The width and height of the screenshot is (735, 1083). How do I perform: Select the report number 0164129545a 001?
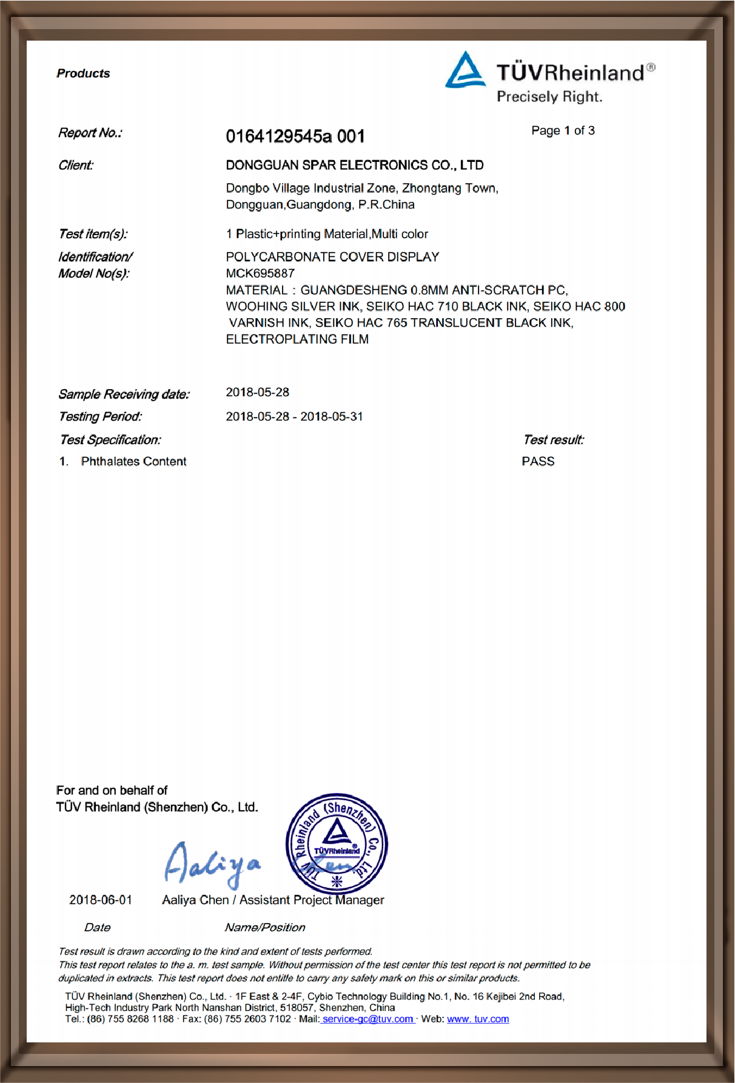(x=295, y=136)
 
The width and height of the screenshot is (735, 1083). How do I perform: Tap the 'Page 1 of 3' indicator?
(x=563, y=131)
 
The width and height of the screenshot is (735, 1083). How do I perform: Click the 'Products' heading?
(x=84, y=73)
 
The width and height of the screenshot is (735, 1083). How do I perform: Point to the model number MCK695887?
(x=260, y=273)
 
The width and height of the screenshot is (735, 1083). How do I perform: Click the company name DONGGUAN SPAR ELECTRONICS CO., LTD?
(x=355, y=165)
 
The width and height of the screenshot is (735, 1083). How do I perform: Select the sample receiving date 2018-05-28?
(x=258, y=393)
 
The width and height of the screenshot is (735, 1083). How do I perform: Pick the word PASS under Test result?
(x=538, y=461)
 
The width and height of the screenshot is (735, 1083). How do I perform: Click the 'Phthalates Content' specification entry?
(x=133, y=461)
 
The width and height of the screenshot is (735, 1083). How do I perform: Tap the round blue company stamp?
(x=337, y=843)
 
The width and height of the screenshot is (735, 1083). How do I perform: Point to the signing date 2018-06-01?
(x=101, y=900)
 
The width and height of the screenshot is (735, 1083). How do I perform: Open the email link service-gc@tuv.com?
(x=367, y=1019)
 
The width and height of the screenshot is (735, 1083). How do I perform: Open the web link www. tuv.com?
(x=478, y=1019)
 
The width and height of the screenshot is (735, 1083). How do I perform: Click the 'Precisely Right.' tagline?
(x=549, y=97)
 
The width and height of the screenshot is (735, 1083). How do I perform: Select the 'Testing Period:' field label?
(x=101, y=416)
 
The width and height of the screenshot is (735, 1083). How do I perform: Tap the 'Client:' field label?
(x=76, y=165)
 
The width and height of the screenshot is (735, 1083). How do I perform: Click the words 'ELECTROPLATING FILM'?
(x=297, y=339)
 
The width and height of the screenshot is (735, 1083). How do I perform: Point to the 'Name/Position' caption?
(x=265, y=927)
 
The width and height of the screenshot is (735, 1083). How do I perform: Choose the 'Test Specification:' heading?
(x=110, y=440)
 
